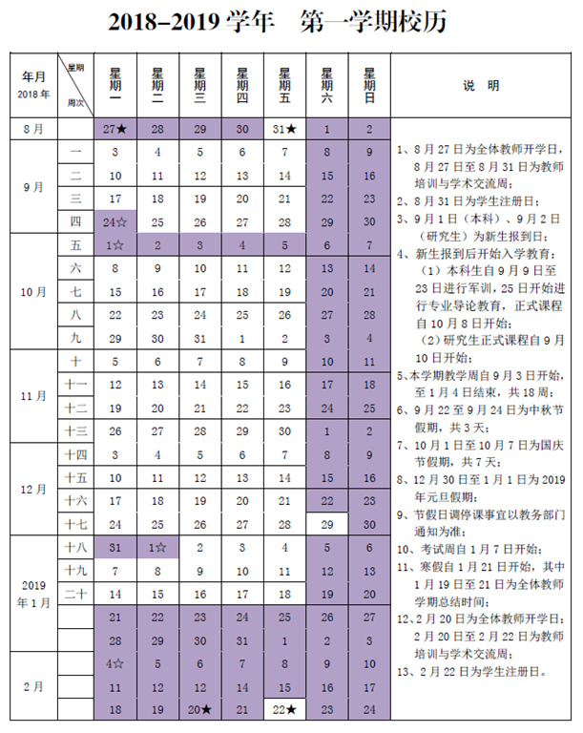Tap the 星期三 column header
[199, 85]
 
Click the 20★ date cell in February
[199, 709]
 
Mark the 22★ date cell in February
[284, 709]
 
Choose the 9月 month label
[33, 188]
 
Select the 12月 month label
[33, 489]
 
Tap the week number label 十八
[75, 548]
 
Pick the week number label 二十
[75, 594]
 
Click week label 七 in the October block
[75, 292]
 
